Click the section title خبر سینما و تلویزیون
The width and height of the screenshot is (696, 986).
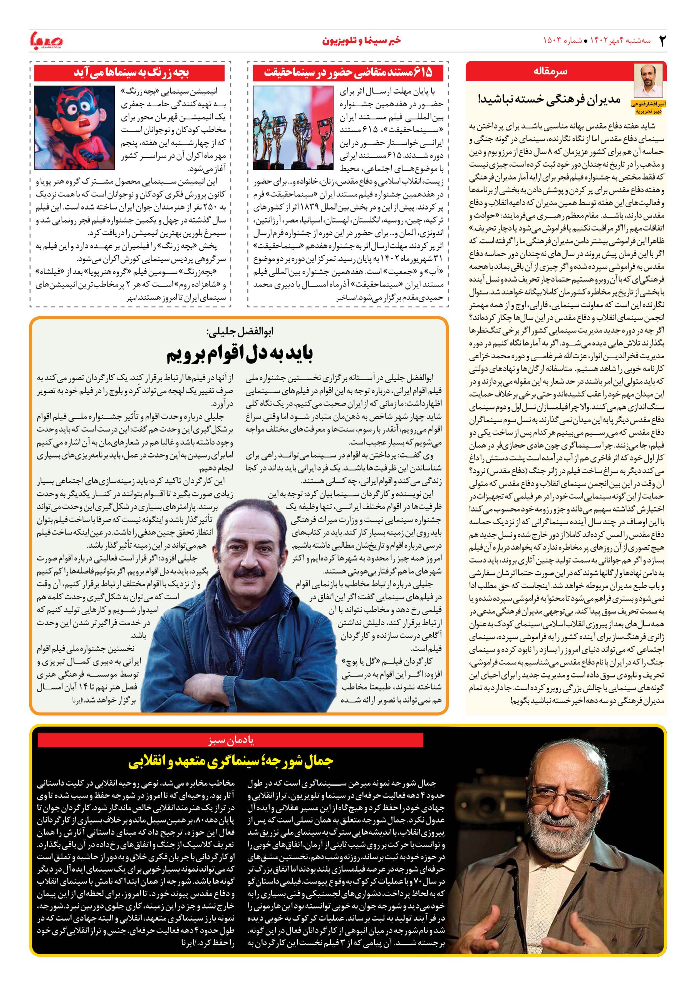click(348, 41)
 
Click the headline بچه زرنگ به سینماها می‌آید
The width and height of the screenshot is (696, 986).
click(132, 72)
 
